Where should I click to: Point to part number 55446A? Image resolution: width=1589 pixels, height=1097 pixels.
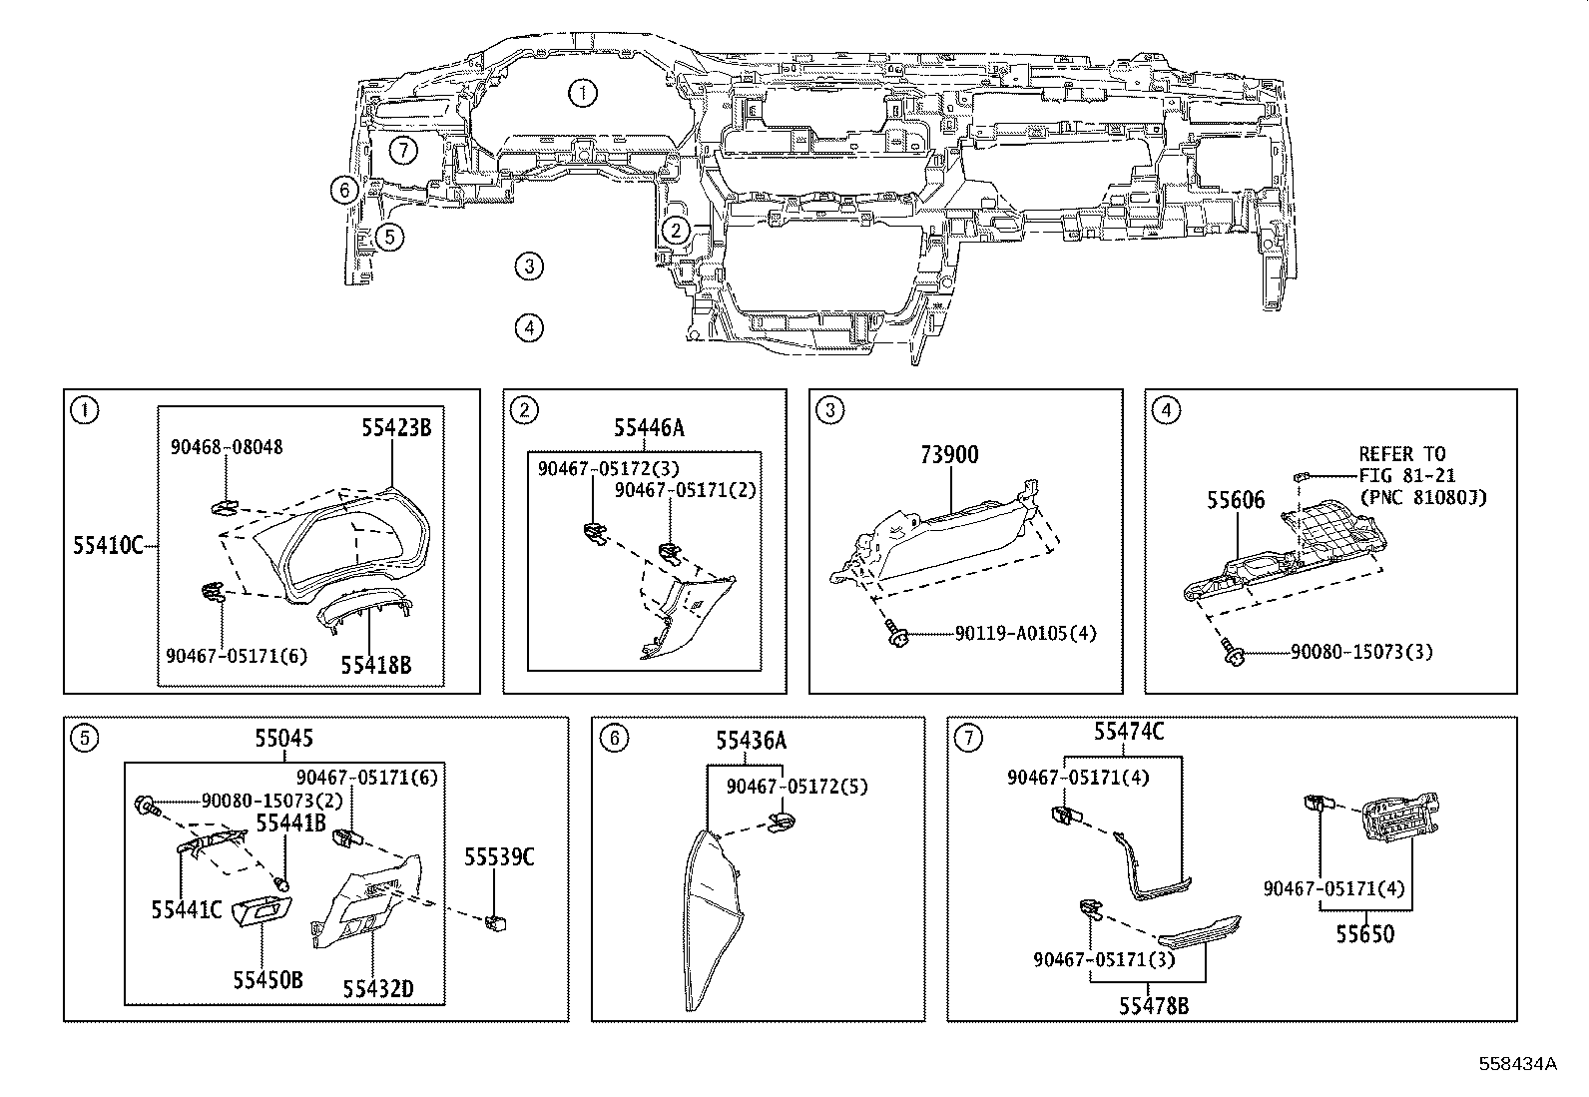pyautogui.click(x=649, y=428)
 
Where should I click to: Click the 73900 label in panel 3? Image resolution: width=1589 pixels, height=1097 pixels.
pyautogui.click(x=949, y=455)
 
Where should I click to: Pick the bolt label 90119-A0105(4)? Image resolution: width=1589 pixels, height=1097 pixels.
pyautogui.click(x=1025, y=634)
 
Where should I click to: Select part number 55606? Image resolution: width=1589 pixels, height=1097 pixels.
pyautogui.click(x=1236, y=500)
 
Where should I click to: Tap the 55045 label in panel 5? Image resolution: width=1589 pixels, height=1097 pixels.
pyautogui.click(x=283, y=739)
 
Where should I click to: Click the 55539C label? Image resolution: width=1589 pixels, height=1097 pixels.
pyautogui.click(x=499, y=857)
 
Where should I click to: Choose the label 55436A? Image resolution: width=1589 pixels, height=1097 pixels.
pyautogui.click(x=751, y=741)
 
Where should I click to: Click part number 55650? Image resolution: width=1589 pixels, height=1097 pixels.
pyautogui.click(x=1365, y=934)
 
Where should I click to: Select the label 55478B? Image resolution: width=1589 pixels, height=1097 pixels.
pyautogui.click(x=1154, y=1006)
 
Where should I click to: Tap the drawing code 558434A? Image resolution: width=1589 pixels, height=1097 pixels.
pyautogui.click(x=1517, y=1063)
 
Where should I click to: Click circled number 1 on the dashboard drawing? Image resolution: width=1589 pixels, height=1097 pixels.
pyautogui.click(x=583, y=94)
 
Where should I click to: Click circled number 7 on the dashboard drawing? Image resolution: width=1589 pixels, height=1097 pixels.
pyautogui.click(x=401, y=151)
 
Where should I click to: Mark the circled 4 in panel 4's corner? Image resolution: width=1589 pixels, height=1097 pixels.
pyautogui.click(x=1166, y=410)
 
